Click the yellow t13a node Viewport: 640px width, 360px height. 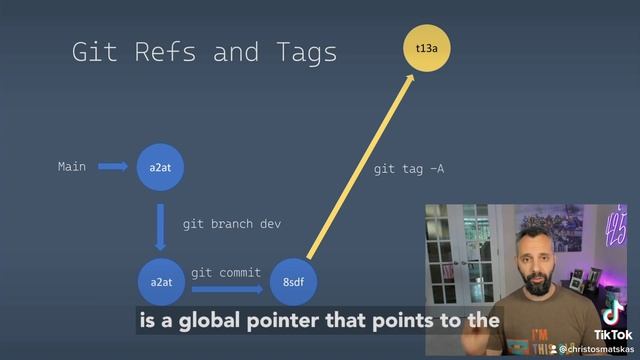(x=411, y=47)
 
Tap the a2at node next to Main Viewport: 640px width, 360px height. (x=161, y=166)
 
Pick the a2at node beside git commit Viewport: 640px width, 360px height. (x=161, y=283)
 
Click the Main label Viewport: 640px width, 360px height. (x=72, y=167)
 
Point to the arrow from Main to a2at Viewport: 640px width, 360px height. (x=112, y=167)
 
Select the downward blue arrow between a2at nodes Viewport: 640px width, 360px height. (x=161, y=227)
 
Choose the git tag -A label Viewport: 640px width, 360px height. (x=408, y=169)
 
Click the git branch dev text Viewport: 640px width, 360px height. (x=231, y=224)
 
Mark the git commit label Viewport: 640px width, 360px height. (x=226, y=272)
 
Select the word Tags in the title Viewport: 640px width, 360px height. (x=299, y=52)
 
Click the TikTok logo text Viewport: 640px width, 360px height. (x=612, y=334)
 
